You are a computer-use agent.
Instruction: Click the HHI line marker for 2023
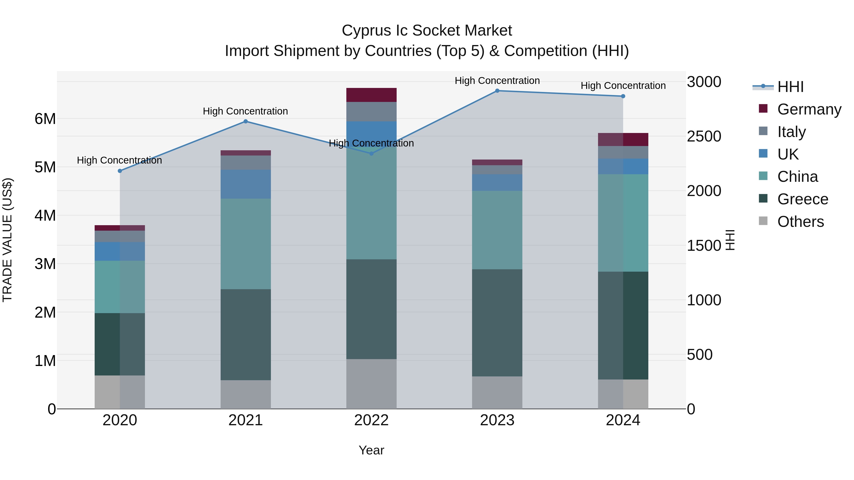[x=497, y=91]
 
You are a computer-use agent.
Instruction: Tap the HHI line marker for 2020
[x=120, y=171]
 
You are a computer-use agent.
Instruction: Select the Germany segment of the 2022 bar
[x=371, y=95]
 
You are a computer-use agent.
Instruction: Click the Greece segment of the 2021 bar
[x=246, y=334]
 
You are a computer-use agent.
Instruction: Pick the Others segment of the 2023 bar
[x=497, y=393]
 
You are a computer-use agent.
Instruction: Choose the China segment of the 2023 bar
[x=497, y=230]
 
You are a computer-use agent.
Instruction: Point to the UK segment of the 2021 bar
[x=246, y=184]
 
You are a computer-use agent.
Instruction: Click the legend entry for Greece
[x=802, y=199]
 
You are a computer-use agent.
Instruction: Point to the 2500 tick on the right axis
[x=704, y=137]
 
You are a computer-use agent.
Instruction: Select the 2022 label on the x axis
[x=371, y=420]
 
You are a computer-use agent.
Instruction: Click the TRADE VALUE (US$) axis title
[x=7, y=240]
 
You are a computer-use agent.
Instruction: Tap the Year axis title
[x=371, y=450]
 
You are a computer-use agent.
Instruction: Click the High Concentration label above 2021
[x=245, y=111]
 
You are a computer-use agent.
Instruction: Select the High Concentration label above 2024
[x=623, y=86]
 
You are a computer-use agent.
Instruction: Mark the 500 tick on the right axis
[x=700, y=355]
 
